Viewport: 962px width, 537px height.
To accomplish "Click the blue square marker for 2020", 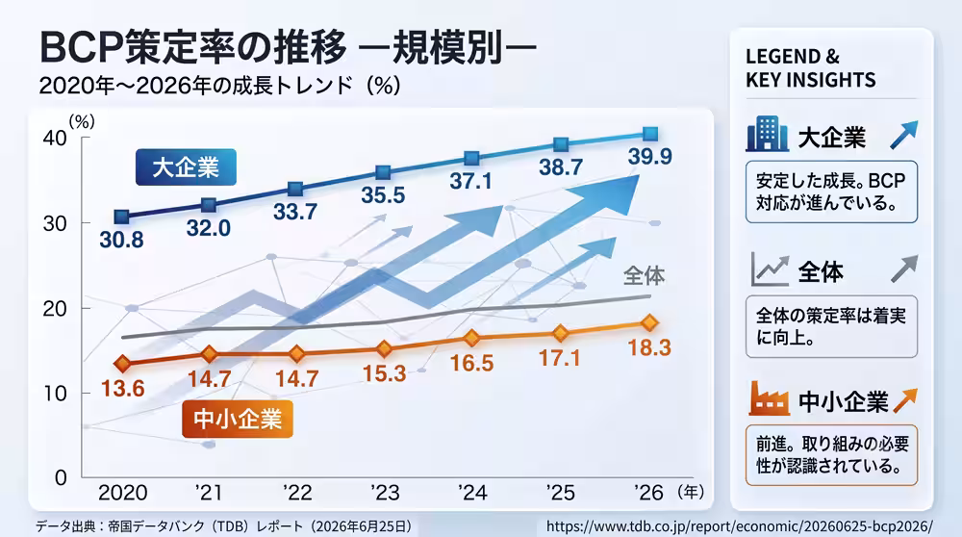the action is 122,216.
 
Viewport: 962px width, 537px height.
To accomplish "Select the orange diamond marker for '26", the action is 649,322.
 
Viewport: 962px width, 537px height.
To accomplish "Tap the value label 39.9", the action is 649,157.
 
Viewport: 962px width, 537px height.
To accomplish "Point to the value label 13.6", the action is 123,389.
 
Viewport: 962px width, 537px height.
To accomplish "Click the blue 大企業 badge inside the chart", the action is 186,166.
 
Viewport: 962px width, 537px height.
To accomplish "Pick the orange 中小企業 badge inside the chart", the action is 238,420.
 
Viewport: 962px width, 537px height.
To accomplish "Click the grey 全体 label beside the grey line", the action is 644,275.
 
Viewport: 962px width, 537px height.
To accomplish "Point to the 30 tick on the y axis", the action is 55,223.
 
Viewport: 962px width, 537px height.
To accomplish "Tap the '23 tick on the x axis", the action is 385,492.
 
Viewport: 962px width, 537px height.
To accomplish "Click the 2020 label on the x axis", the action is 123,492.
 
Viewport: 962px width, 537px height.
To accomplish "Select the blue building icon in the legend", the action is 767,134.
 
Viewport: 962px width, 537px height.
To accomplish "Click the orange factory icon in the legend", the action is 769,398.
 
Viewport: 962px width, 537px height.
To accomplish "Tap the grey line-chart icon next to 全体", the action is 770,269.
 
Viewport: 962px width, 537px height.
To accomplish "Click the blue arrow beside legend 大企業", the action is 903,135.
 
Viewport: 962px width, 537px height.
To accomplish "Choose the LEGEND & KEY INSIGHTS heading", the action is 810,68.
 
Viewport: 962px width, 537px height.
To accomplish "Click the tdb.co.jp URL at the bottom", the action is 739,526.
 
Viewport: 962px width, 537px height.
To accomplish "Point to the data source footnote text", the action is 223,526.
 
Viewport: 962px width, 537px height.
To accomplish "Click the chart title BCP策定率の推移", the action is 193,47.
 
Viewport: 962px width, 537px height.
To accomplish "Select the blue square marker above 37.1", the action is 471,159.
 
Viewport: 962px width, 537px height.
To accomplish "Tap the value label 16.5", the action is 471,364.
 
